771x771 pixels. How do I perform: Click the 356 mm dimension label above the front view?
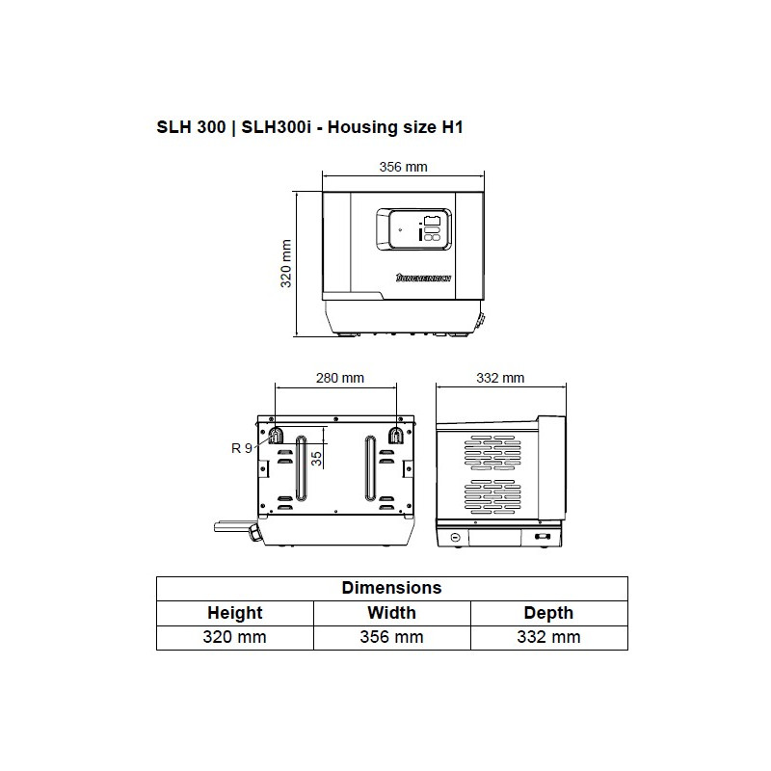(403, 167)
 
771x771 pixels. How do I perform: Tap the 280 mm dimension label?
(340, 378)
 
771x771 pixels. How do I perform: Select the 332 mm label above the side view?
(500, 378)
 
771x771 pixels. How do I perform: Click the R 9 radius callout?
(242, 447)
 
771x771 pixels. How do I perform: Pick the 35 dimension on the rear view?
(316, 456)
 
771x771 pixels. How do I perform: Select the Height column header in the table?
(234, 612)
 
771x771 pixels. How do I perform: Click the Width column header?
(391, 612)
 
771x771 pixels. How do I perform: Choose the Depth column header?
(548, 612)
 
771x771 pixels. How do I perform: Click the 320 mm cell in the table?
(234, 637)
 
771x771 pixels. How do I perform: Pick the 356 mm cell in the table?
(391, 637)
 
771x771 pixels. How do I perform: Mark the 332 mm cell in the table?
(548, 637)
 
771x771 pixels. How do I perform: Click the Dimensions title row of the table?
(391, 588)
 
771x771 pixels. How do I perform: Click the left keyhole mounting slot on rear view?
(276, 436)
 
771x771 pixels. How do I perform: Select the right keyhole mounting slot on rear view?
(395, 436)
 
